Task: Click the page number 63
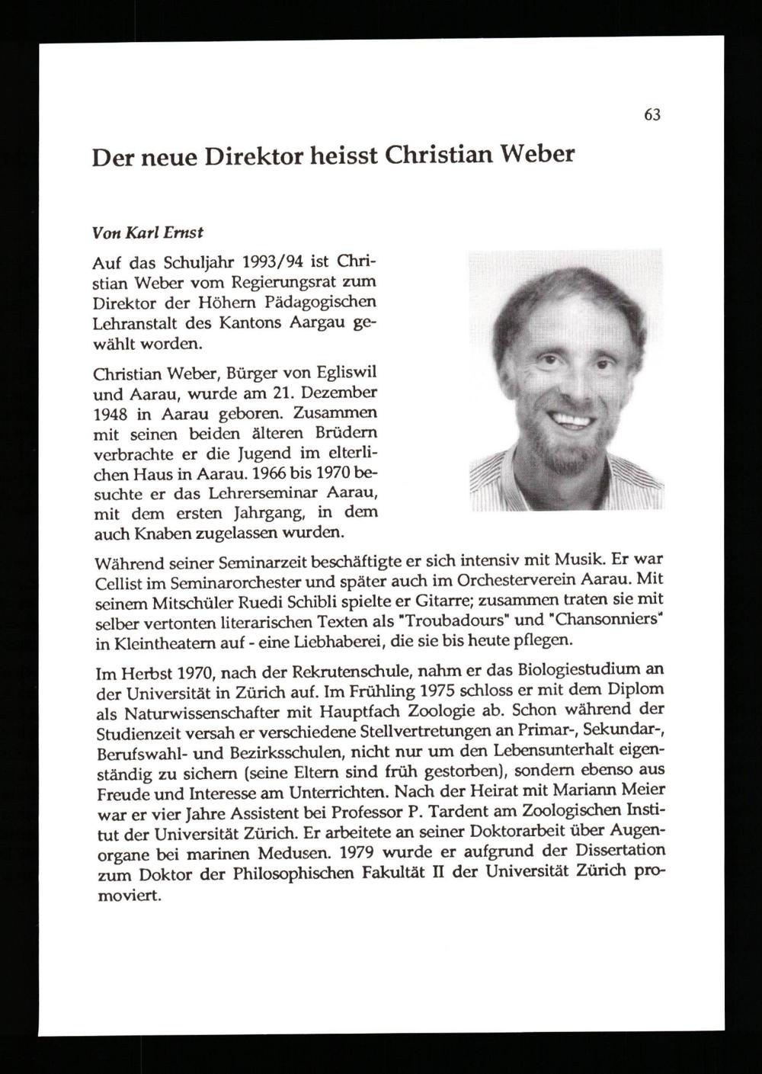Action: [652, 115]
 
